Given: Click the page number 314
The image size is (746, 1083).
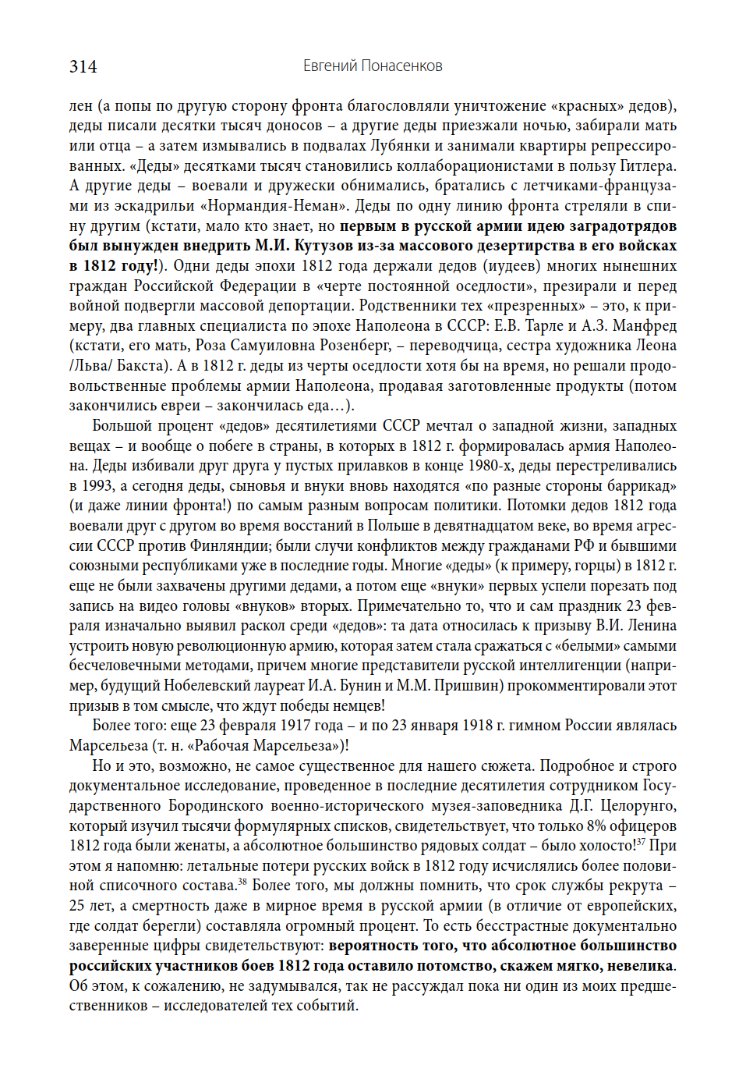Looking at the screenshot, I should (x=83, y=66).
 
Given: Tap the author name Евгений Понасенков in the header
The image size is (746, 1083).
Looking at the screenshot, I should (x=373, y=66).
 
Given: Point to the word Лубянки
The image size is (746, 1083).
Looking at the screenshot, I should (x=399, y=146).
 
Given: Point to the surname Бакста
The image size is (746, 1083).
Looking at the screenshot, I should (x=142, y=365).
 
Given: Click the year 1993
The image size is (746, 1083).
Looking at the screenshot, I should (x=97, y=486).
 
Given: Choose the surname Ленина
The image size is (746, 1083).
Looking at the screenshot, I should (x=650, y=626).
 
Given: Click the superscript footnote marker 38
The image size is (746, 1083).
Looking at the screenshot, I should (x=242, y=882).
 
